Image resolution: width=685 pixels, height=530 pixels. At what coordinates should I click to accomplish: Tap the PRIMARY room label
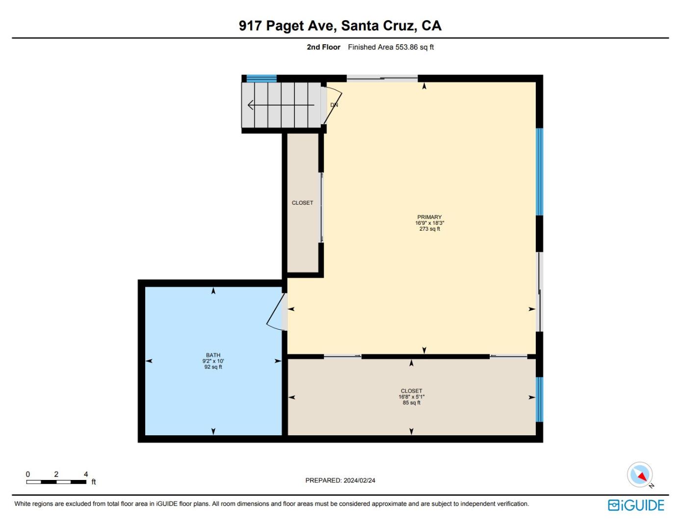[429, 217]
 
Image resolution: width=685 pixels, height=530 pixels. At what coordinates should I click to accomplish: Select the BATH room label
[213, 355]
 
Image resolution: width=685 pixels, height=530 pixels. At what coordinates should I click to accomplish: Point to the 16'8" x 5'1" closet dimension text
[411, 397]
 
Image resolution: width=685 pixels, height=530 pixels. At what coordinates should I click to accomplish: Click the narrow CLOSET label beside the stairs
[302, 203]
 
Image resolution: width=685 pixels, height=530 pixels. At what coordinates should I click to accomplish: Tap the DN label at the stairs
[334, 105]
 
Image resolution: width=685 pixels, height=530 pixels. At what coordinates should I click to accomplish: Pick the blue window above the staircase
[261, 78]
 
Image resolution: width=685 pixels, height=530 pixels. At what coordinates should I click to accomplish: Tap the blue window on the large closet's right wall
[539, 399]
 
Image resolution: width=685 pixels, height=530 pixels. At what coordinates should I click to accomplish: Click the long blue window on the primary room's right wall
[539, 172]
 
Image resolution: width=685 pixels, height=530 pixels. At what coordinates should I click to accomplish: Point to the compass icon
[640, 475]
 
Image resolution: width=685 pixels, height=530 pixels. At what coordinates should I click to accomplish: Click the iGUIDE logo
[636, 505]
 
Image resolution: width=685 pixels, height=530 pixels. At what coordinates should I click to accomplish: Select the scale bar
[56, 482]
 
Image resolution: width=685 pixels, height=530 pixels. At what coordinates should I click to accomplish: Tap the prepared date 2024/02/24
[340, 480]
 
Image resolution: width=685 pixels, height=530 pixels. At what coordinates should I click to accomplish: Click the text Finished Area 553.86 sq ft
[391, 47]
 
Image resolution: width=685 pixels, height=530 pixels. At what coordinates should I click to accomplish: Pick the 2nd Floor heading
[323, 47]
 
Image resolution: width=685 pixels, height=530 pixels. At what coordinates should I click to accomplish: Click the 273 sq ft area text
[429, 229]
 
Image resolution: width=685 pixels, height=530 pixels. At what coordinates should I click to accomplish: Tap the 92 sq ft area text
[213, 367]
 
